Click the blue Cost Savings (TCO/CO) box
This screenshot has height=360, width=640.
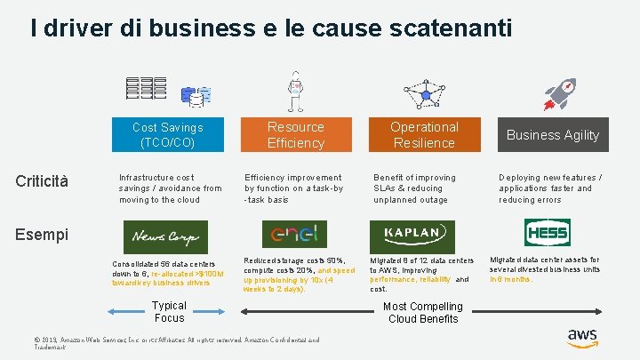point(167,134)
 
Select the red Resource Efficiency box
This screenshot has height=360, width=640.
point(296,134)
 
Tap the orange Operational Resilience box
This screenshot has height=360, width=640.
point(424,134)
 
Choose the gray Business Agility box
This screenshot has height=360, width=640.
point(552,134)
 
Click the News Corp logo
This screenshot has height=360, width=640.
point(166,236)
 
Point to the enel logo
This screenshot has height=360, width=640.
point(294,235)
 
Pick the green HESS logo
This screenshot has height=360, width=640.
point(546,233)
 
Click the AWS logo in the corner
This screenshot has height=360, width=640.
point(582,338)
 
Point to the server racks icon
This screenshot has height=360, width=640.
point(148,89)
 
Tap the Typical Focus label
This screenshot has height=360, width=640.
point(169,311)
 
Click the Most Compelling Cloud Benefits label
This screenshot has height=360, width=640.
point(423,312)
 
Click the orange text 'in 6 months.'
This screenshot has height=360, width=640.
point(511,279)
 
